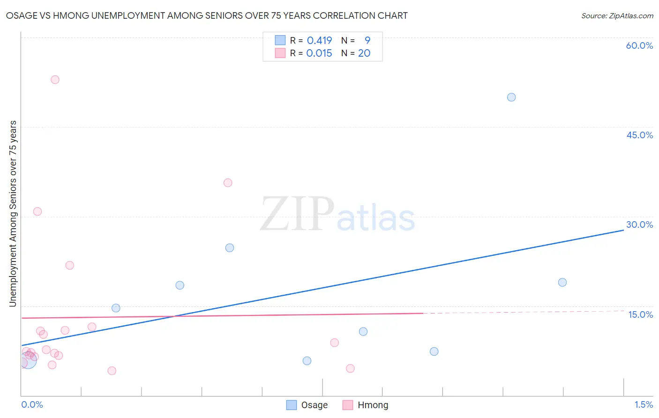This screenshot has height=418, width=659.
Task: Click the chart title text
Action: tap(207, 15)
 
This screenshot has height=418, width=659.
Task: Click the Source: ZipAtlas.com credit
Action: tap(617, 15)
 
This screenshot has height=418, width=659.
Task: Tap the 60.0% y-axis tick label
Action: tap(639, 45)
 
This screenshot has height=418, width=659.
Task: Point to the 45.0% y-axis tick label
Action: tap(639, 135)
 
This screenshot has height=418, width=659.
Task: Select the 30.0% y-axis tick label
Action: tap(639, 224)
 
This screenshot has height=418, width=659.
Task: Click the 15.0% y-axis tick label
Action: tap(640, 314)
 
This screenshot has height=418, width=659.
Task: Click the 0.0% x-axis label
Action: tap(32, 404)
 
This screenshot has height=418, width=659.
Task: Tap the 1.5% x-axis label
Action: tap(644, 404)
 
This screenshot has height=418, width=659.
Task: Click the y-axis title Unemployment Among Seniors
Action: tap(13, 214)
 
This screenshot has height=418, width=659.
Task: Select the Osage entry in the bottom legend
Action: tap(307, 405)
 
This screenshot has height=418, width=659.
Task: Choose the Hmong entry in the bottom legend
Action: tap(366, 405)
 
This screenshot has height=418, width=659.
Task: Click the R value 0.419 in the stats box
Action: tap(319, 41)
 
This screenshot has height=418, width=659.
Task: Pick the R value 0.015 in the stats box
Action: tap(319, 53)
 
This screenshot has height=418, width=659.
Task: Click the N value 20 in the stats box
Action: tap(364, 53)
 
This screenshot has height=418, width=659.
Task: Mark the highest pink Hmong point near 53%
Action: tap(55, 80)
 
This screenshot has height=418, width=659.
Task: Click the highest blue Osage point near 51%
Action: tap(511, 97)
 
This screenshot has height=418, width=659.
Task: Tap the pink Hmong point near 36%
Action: tap(228, 183)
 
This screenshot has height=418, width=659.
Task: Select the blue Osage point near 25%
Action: tap(230, 248)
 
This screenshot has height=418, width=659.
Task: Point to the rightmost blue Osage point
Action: tap(562, 283)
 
